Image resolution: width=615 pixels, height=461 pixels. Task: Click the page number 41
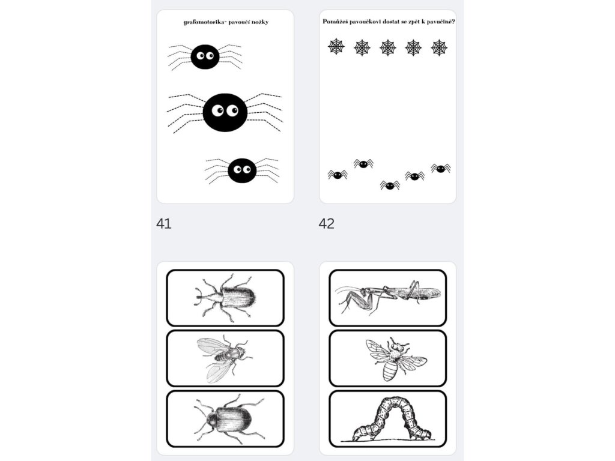[164, 223]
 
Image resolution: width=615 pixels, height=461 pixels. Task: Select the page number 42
[327, 223]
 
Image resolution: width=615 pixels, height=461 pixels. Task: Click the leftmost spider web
[336, 47]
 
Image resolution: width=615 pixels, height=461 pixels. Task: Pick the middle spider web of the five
[388, 47]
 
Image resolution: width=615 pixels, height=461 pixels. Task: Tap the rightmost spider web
[439, 47]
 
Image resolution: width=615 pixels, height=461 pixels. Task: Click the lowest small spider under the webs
[390, 185]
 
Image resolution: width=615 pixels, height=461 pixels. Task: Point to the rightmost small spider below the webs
[441, 168]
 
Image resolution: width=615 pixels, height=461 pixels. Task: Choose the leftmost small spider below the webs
[338, 175]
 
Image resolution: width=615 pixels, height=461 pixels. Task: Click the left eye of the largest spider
[217, 110]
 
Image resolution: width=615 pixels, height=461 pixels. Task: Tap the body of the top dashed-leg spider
[205, 57]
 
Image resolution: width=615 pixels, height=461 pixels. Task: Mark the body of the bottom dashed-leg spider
[242, 170]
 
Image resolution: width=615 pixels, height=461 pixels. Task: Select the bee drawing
[396, 359]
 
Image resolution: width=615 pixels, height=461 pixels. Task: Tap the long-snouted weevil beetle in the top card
[225, 297]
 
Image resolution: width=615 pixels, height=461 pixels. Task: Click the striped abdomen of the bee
[390, 370]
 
